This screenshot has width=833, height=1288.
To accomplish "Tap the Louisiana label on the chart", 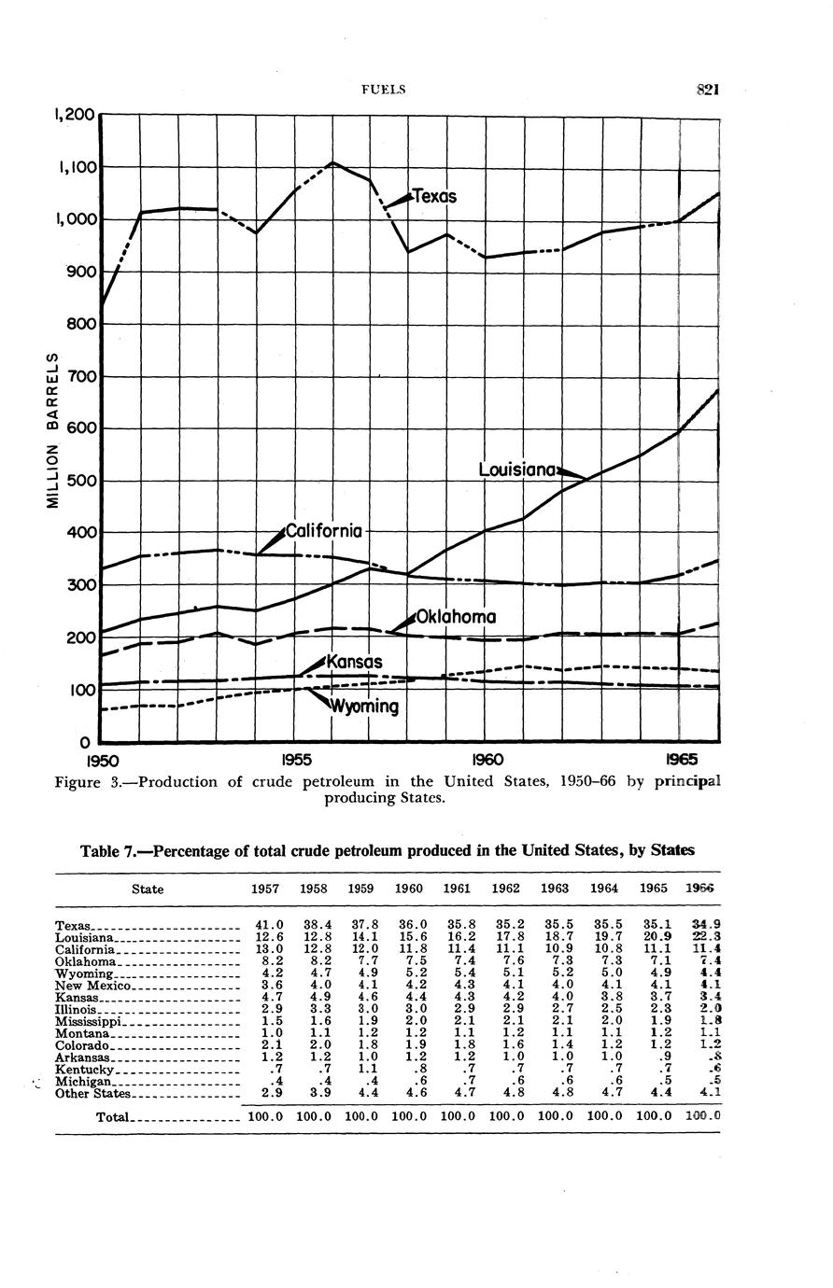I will (518, 469).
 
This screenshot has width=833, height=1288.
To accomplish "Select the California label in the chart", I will (321, 532).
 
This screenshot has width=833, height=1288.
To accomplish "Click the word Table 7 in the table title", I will (109, 850).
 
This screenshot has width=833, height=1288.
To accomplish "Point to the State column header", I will (148, 889).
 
